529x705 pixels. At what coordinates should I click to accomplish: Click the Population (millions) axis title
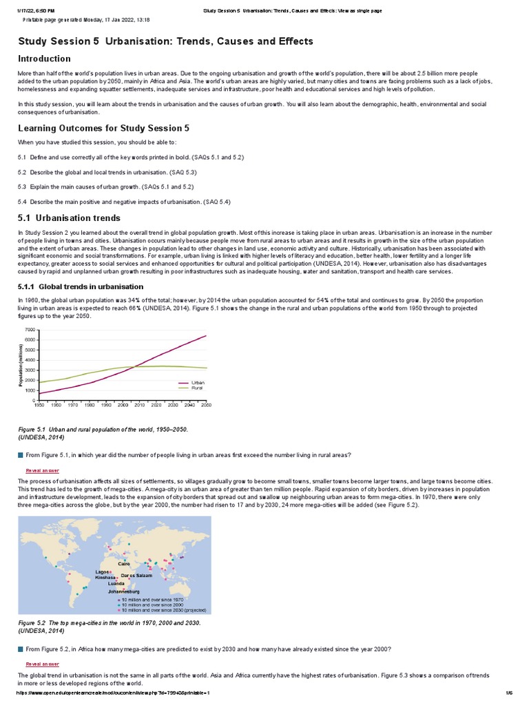point(21,365)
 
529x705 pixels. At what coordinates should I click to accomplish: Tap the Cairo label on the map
point(123,564)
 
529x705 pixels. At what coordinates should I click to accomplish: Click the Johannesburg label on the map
point(124,591)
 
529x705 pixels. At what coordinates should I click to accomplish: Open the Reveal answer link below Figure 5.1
point(42,470)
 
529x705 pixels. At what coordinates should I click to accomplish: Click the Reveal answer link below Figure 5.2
point(42,664)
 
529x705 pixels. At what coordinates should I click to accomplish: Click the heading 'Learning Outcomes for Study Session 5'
point(103,128)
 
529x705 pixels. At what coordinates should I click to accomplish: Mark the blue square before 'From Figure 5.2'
point(21,649)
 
